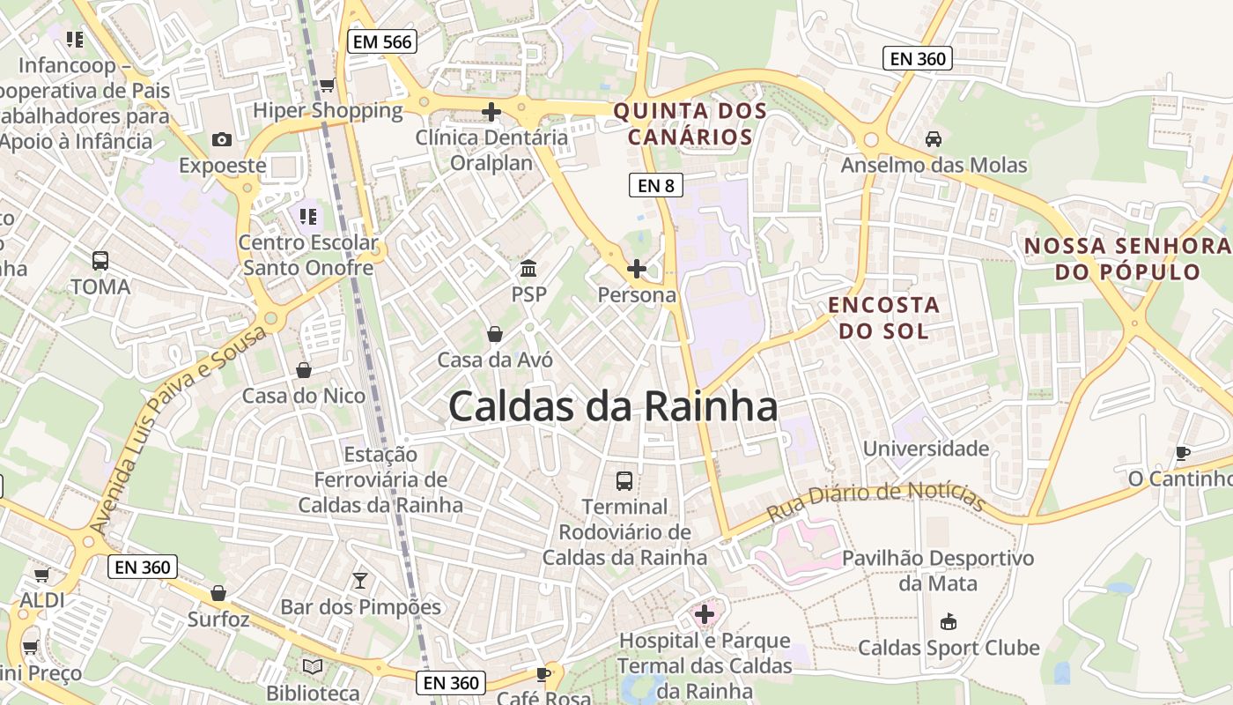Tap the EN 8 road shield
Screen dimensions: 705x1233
(656, 185)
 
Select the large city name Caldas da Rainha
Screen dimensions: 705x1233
(613, 407)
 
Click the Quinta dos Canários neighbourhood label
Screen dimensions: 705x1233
(690, 124)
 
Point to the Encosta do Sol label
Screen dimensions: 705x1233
(883, 318)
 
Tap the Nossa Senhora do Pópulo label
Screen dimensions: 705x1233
(1128, 258)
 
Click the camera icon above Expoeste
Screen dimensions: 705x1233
(222, 139)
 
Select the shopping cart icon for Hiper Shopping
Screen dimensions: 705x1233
(327, 85)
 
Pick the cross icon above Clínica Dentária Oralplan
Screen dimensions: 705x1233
(491, 112)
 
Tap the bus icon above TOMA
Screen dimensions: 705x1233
(100, 261)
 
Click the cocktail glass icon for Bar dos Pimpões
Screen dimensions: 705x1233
(359, 580)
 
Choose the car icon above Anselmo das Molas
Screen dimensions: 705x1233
(934, 139)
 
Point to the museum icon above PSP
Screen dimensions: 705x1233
(528, 268)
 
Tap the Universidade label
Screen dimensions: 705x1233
(926, 449)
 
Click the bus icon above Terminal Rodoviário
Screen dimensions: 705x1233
(624, 481)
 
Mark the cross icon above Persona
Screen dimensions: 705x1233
(636, 268)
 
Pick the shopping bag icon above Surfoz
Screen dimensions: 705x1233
(218, 594)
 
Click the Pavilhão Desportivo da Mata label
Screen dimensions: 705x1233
(937, 570)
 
